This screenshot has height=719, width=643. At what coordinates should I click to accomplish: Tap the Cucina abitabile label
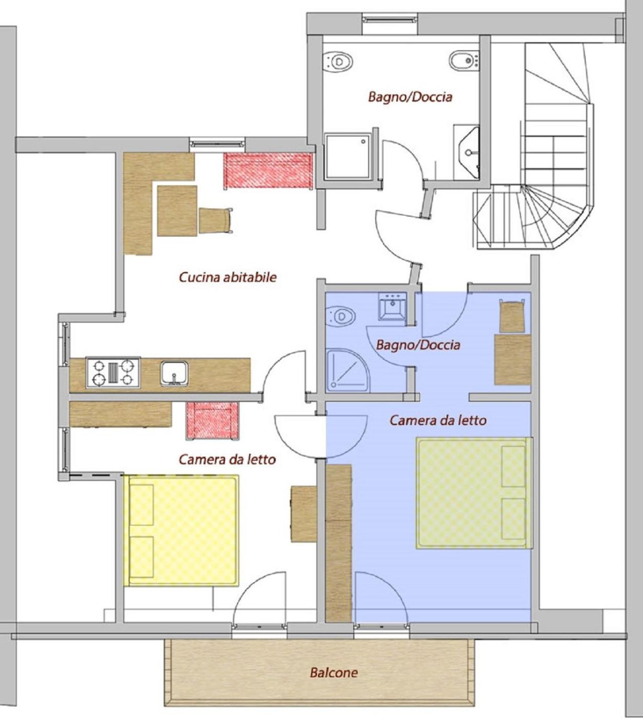point(228,277)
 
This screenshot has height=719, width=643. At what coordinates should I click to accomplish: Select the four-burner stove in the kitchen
point(113,373)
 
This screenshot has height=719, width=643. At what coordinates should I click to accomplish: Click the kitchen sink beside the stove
point(174,373)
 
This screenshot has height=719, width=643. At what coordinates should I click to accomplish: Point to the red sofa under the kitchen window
point(268,171)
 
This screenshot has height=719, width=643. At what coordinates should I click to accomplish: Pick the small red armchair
point(212,421)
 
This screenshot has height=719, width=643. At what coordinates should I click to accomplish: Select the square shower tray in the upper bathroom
point(348,156)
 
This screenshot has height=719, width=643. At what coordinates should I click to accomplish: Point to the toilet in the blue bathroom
point(340,316)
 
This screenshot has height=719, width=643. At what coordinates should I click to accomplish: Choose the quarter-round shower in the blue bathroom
point(348,370)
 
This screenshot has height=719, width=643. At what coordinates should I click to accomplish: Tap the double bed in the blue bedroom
point(474,494)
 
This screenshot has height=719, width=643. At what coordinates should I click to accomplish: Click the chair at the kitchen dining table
point(216,220)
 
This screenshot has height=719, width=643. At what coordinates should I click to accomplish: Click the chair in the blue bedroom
point(512,315)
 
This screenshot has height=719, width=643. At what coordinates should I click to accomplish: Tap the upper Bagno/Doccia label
point(411,97)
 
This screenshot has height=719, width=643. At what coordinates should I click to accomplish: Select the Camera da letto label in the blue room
point(438,421)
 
